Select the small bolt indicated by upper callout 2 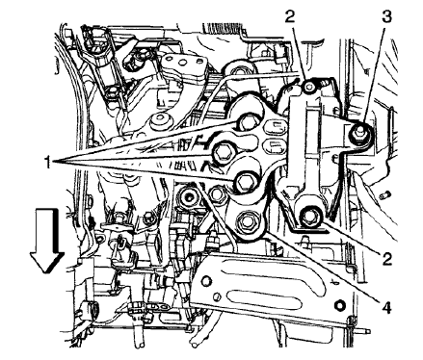[305, 89]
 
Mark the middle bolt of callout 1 [225, 149]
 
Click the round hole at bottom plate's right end [339, 306]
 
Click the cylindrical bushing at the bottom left [97, 309]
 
